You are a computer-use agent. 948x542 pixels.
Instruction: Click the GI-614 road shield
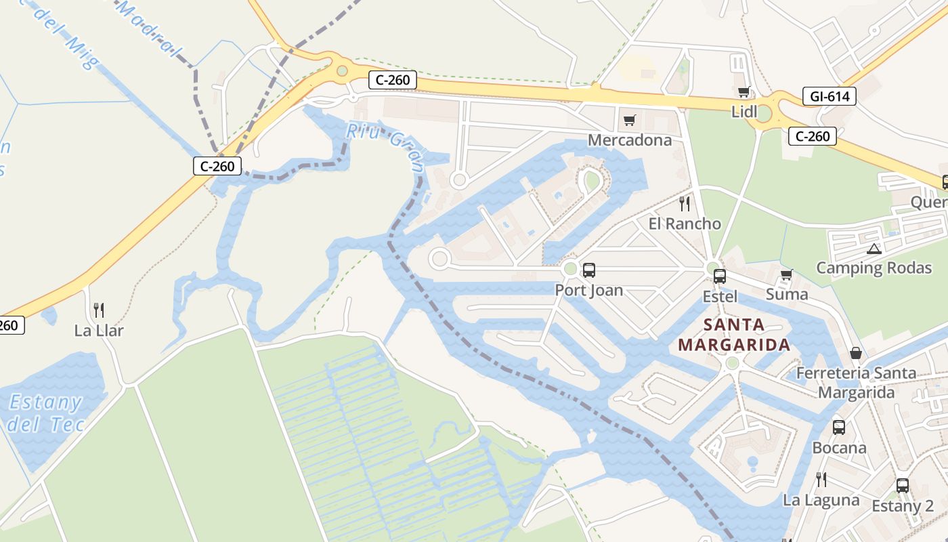829,97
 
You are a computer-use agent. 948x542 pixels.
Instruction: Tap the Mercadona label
630,140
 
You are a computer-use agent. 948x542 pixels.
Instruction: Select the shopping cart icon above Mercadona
630,121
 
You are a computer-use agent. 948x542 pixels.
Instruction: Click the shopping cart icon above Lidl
744,92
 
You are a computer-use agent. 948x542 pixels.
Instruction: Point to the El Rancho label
685,224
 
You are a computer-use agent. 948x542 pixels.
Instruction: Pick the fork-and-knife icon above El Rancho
685,203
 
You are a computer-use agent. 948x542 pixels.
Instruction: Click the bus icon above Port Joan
588,270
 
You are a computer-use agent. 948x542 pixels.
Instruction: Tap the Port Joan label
588,290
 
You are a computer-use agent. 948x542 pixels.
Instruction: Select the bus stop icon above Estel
719,276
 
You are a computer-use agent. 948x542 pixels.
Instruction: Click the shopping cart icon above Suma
786,275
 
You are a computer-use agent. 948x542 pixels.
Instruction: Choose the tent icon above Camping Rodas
874,249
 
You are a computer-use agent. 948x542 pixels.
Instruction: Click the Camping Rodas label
874,268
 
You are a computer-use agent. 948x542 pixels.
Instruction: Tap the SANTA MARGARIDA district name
734,335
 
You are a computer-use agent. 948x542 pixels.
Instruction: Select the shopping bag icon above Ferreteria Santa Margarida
856,353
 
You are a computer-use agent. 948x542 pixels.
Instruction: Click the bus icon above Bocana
838,428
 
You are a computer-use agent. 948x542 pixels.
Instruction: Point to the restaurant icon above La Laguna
821,480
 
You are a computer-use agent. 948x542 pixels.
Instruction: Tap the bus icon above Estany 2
902,486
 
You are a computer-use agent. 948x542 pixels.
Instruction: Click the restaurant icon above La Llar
99,310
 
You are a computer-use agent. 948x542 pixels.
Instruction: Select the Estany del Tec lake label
46,413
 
